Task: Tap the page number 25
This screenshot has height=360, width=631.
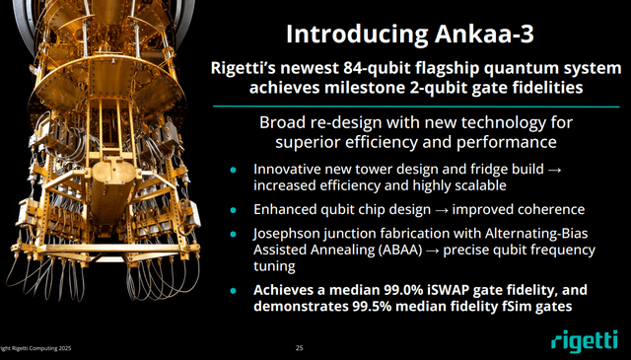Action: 300,348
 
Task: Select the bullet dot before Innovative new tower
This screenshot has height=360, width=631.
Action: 234,169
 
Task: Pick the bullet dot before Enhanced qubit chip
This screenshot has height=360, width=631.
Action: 234,210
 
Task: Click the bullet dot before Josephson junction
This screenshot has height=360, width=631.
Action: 234,234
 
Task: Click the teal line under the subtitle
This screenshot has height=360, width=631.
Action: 415,106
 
